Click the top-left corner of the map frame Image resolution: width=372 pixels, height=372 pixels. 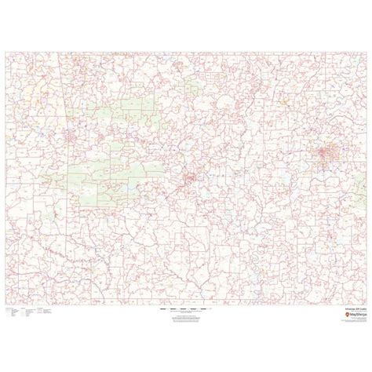click(6, 51)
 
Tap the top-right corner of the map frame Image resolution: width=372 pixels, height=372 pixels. click(367, 51)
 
